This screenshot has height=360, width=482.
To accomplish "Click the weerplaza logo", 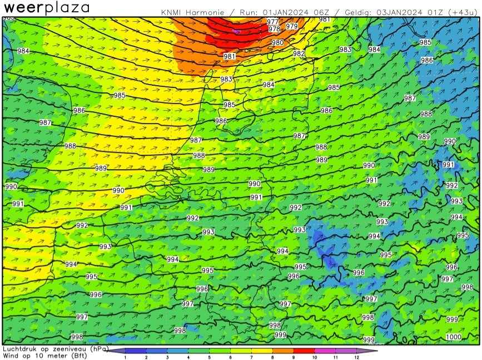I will pyautogui.click(x=47, y=8).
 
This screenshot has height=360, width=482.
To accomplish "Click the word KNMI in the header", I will pyautogui.click(x=172, y=12).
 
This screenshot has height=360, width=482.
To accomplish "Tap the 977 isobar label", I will pyautogui.click(x=273, y=22).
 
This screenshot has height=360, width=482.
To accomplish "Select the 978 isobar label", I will pyautogui.click(x=274, y=29).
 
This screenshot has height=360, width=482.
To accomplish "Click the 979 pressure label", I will pyautogui.click(x=291, y=26).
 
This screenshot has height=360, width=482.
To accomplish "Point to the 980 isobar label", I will pyautogui.click(x=277, y=43).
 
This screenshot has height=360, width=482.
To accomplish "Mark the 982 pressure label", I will pyautogui.click(x=299, y=53).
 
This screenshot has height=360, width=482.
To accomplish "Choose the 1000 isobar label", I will pyautogui.click(x=453, y=337).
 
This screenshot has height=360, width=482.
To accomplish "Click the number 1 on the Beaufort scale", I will pyautogui.click(x=125, y=357).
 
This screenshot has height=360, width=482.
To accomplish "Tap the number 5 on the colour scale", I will pyautogui.click(x=209, y=357).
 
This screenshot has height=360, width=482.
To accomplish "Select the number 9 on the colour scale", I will pyautogui.click(x=293, y=357).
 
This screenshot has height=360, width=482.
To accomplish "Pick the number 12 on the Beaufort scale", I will pyautogui.click(x=356, y=357).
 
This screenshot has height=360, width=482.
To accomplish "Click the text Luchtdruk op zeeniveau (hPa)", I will pyautogui.click(x=54, y=348).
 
